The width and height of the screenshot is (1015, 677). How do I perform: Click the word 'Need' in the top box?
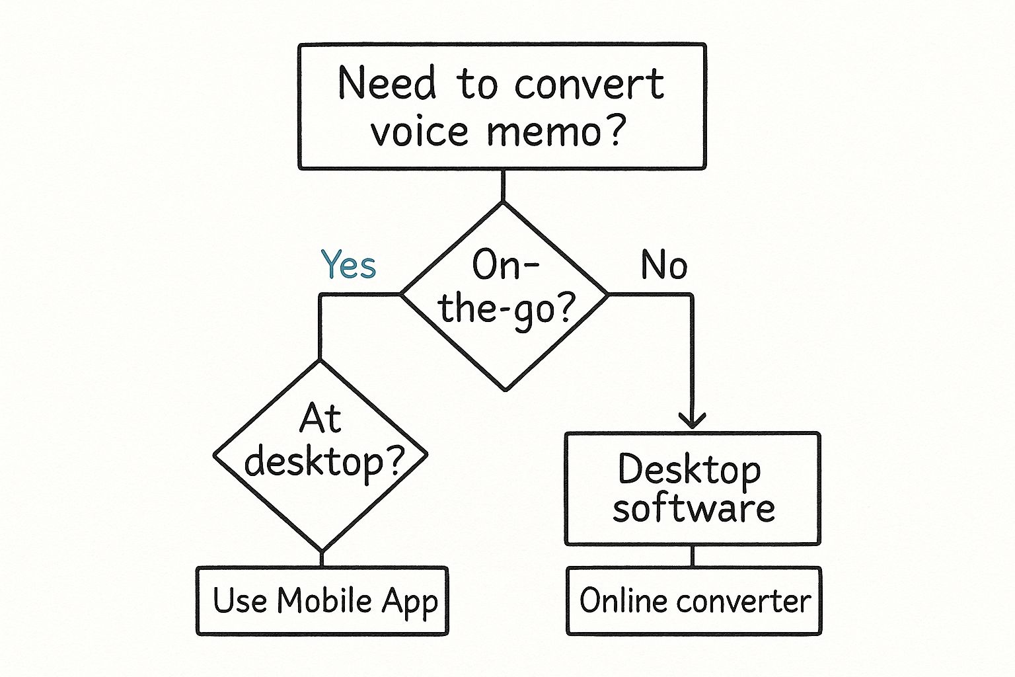click(x=387, y=84)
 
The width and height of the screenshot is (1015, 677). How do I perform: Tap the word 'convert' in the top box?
click(x=589, y=85)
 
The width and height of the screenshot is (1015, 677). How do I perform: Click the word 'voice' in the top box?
click(x=420, y=132)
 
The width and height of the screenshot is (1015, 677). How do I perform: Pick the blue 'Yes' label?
click(x=348, y=265)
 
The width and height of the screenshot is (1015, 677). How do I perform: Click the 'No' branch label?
click(x=663, y=265)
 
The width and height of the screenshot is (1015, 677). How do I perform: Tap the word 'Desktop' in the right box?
click(x=689, y=471)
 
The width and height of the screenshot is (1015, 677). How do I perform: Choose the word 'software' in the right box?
click(x=693, y=508)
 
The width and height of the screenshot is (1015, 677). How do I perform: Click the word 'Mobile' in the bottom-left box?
click(x=324, y=601)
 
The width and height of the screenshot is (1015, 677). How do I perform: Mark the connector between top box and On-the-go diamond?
click(x=503, y=186)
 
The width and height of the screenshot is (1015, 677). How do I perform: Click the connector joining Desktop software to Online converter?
click(x=692, y=556)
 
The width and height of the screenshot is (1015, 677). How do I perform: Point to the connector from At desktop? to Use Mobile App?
click(x=322, y=559)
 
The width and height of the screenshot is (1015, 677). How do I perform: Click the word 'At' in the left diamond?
click(x=320, y=418)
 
